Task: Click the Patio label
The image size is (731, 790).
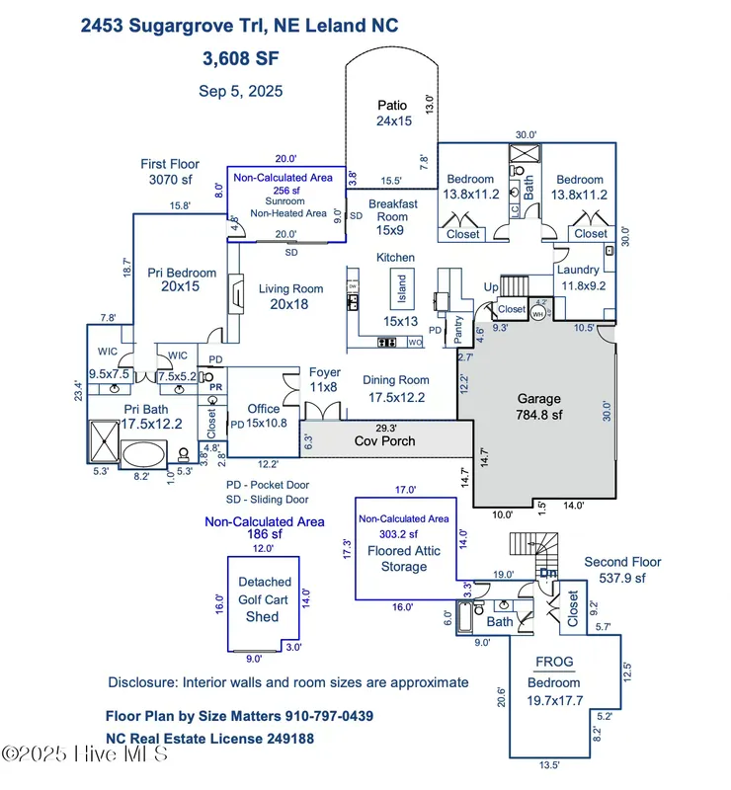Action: click(x=391, y=114)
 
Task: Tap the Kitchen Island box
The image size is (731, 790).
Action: click(x=402, y=287)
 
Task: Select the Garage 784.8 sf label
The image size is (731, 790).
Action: click(x=538, y=408)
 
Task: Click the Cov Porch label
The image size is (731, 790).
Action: click(x=385, y=440)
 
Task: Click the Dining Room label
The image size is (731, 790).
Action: click(x=395, y=388)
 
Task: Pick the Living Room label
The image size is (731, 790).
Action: click(x=290, y=297)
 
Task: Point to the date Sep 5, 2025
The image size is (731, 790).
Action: click(x=241, y=91)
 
